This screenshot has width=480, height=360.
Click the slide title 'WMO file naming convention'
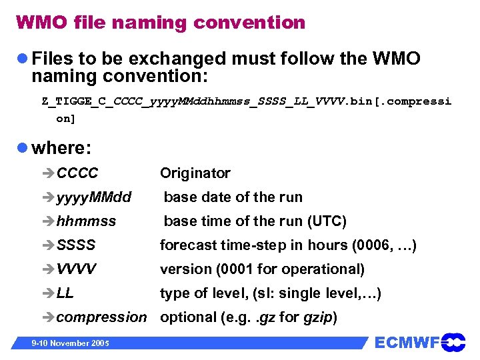160,23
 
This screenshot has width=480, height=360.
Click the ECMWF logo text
407,343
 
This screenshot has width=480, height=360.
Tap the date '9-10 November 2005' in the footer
64,343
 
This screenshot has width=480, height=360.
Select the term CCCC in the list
77,173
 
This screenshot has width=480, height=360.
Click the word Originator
195,173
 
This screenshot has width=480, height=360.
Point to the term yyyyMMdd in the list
93,197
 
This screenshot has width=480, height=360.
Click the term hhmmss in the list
86,221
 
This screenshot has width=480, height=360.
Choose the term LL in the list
65,293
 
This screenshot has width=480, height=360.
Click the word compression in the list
101,317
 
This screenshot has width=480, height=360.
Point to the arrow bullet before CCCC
49,173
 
